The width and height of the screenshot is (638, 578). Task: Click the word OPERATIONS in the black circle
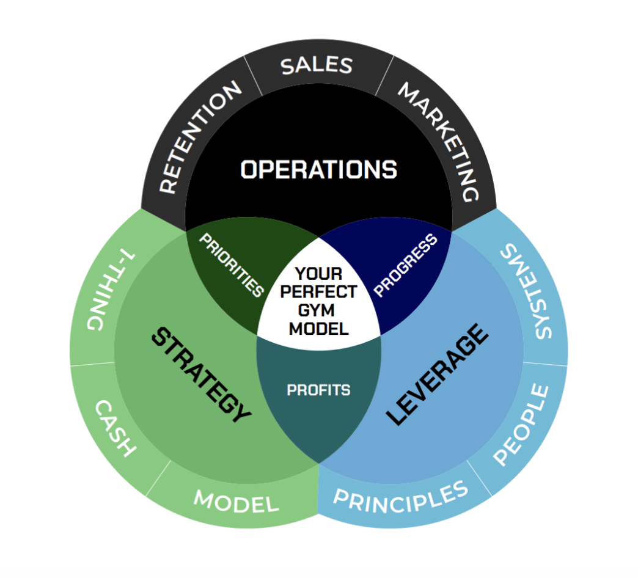tap(318, 169)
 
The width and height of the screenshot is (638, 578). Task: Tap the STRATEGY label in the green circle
tap(201, 375)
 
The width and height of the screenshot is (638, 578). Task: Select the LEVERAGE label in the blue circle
tap(437, 375)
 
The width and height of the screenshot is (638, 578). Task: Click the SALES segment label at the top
tap(317, 65)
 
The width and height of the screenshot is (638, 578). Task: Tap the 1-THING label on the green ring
tap(110, 289)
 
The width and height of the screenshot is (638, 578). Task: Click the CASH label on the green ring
tap(115, 428)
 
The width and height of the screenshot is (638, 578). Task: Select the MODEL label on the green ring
tap(237, 501)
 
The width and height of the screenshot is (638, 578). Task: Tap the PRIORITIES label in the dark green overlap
tap(231, 265)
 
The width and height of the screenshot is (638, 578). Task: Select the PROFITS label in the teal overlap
tap(318, 390)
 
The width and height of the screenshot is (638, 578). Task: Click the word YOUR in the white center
tap(318, 274)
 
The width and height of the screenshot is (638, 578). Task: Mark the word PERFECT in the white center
tap(318, 292)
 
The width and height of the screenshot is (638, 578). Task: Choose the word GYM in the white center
tap(316, 310)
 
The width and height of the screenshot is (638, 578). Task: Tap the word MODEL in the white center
tap(318, 329)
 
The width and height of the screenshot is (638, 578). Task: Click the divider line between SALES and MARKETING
tap(384, 76)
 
